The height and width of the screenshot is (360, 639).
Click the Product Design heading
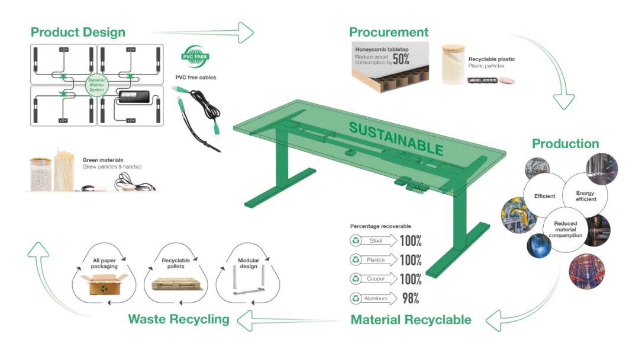point(78,32)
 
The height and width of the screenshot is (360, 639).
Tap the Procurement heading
point(389,32)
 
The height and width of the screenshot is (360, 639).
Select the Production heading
point(565,144)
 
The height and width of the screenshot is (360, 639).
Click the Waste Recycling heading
point(178,320)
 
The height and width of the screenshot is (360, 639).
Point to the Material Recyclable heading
point(411,320)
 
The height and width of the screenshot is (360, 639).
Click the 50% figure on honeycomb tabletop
point(401,59)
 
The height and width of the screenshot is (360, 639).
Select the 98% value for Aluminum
point(411,298)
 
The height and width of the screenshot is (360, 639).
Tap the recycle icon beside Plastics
point(356,260)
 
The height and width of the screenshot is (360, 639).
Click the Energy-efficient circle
point(586,195)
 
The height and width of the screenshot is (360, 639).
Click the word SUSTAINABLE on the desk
point(395,137)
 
